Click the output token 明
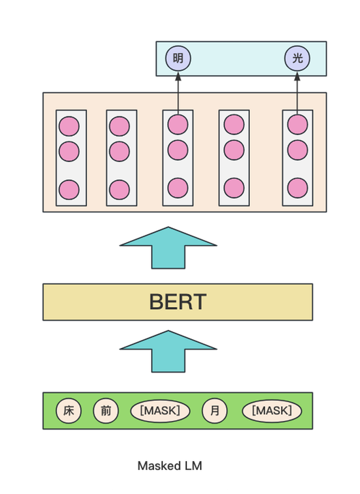[x=178, y=58]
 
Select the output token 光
[x=297, y=58]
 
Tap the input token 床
[x=69, y=411]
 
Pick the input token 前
[x=106, y=411]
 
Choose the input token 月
[x=214, y=411]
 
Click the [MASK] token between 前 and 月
[x=160, y=411]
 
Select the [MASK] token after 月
[x=271, y=411]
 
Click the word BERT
[x=178, y=302]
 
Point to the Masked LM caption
[x=170, y=466]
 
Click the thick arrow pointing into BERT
[x=168, y=352]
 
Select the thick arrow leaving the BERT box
[x=168, y=248]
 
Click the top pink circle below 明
[x=178, y=125]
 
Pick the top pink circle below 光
[x=297, y=125]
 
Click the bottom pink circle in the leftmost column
[x=69, y=190]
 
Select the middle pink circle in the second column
[x=119, y=152]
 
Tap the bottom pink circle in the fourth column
[x=234, y=188]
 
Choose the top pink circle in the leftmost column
[x=69, y=127]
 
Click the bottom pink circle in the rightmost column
[x=297, y=188]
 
